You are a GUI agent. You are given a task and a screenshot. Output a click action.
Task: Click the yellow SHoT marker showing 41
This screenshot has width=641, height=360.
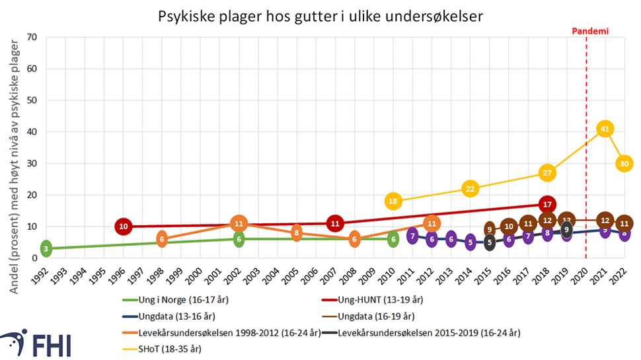(x=604, y=129)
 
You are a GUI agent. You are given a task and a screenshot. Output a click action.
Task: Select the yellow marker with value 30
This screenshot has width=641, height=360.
(x=624, y=163)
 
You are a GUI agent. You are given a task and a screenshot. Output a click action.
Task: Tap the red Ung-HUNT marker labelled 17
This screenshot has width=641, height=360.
(x=547, y=204)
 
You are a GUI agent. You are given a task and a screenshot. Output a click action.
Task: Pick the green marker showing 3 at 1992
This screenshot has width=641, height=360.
(x=46, y=249)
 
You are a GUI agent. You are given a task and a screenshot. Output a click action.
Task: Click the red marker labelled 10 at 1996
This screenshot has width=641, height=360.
(x=123, y=227)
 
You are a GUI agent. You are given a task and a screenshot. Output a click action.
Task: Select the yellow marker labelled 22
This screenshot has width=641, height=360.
(x=470, y=189)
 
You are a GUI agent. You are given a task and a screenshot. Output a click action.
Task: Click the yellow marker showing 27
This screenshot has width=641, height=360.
(x=547, y=173)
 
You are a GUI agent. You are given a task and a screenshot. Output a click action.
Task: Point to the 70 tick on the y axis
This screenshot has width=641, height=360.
(x=30, y=37)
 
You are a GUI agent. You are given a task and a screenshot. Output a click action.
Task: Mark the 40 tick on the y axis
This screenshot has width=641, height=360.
(x=30, y=131)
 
